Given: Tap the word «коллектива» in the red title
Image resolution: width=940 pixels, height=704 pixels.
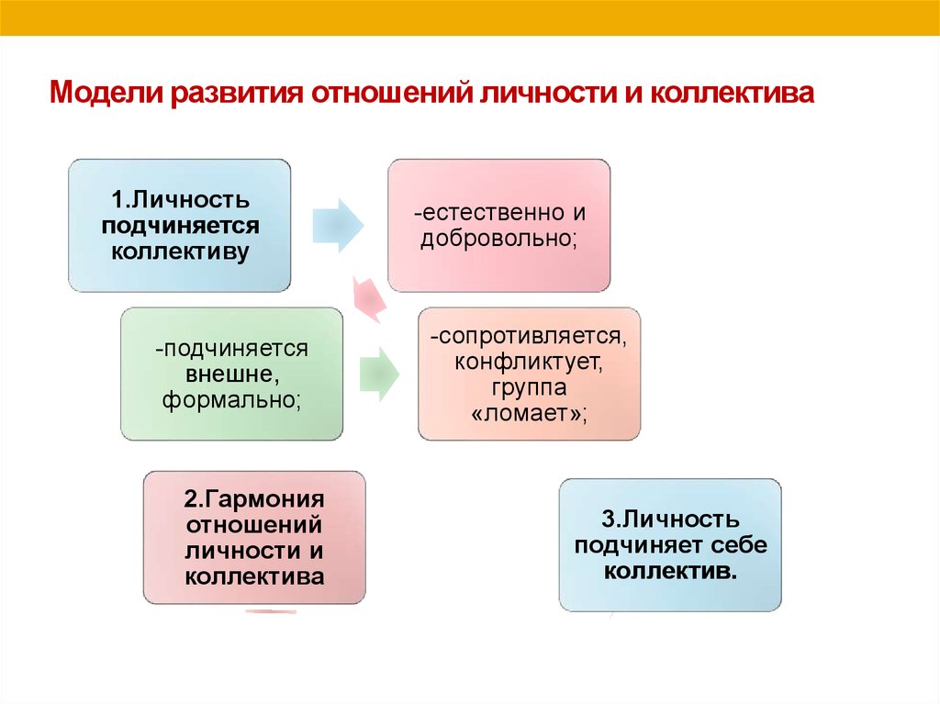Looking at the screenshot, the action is coord(732,93).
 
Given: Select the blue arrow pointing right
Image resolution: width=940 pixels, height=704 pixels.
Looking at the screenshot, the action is coord(338,226).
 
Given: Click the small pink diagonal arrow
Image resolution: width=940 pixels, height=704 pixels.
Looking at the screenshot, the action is coord(369,298).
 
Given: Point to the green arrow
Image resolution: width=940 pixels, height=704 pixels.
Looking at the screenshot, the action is coord(379,374).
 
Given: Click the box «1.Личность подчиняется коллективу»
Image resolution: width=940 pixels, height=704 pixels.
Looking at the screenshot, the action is coord(179,226).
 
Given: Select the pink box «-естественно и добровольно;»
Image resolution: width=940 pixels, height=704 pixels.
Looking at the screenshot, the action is coord(498,226).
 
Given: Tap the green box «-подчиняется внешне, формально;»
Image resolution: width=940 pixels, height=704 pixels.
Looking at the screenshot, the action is coord(231,374).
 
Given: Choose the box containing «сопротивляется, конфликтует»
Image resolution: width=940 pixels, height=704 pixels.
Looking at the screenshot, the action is coord(529,374).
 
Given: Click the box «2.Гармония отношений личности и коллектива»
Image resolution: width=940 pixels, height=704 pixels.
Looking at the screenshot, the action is coord(254,537).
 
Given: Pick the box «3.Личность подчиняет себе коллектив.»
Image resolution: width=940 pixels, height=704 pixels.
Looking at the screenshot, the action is coord(670,545).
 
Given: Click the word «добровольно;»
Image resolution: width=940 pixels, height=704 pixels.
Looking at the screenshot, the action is coord(498,239).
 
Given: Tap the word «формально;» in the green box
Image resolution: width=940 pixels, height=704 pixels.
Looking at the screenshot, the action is coord(231,400).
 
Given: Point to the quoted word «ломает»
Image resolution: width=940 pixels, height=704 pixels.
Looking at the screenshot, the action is coord(529,413).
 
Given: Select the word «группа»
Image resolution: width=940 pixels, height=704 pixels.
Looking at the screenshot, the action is coord(529,387).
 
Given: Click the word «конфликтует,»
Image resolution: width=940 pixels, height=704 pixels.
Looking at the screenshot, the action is coord(529,362).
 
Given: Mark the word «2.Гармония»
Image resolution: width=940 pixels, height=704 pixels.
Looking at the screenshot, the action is coord(254,499).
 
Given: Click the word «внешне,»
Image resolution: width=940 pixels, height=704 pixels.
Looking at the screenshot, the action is coord(232,374).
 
